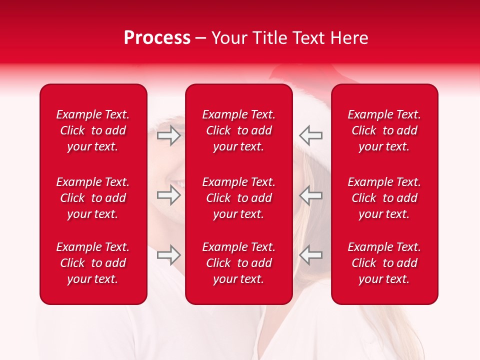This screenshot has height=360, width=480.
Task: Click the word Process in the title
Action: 157,38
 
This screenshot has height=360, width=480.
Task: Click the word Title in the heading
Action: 270,38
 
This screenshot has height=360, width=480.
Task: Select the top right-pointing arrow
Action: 169,135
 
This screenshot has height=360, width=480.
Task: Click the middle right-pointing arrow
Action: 169,194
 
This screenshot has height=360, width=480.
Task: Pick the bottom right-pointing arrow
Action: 169,255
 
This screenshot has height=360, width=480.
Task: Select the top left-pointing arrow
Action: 310,135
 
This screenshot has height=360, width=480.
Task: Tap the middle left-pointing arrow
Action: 310,194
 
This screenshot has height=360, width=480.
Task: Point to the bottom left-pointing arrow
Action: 310,255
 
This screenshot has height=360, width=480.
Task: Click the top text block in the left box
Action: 93,130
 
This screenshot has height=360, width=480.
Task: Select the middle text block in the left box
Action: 93,198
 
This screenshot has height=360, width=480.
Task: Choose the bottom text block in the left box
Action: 93,263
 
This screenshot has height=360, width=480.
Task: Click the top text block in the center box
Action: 238,130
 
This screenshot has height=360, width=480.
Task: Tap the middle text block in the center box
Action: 238,198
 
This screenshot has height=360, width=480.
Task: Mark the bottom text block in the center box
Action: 238,263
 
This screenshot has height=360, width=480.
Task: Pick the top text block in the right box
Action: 384,130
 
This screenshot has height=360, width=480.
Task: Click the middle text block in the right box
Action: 384,198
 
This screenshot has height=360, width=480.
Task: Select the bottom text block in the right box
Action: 384,263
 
